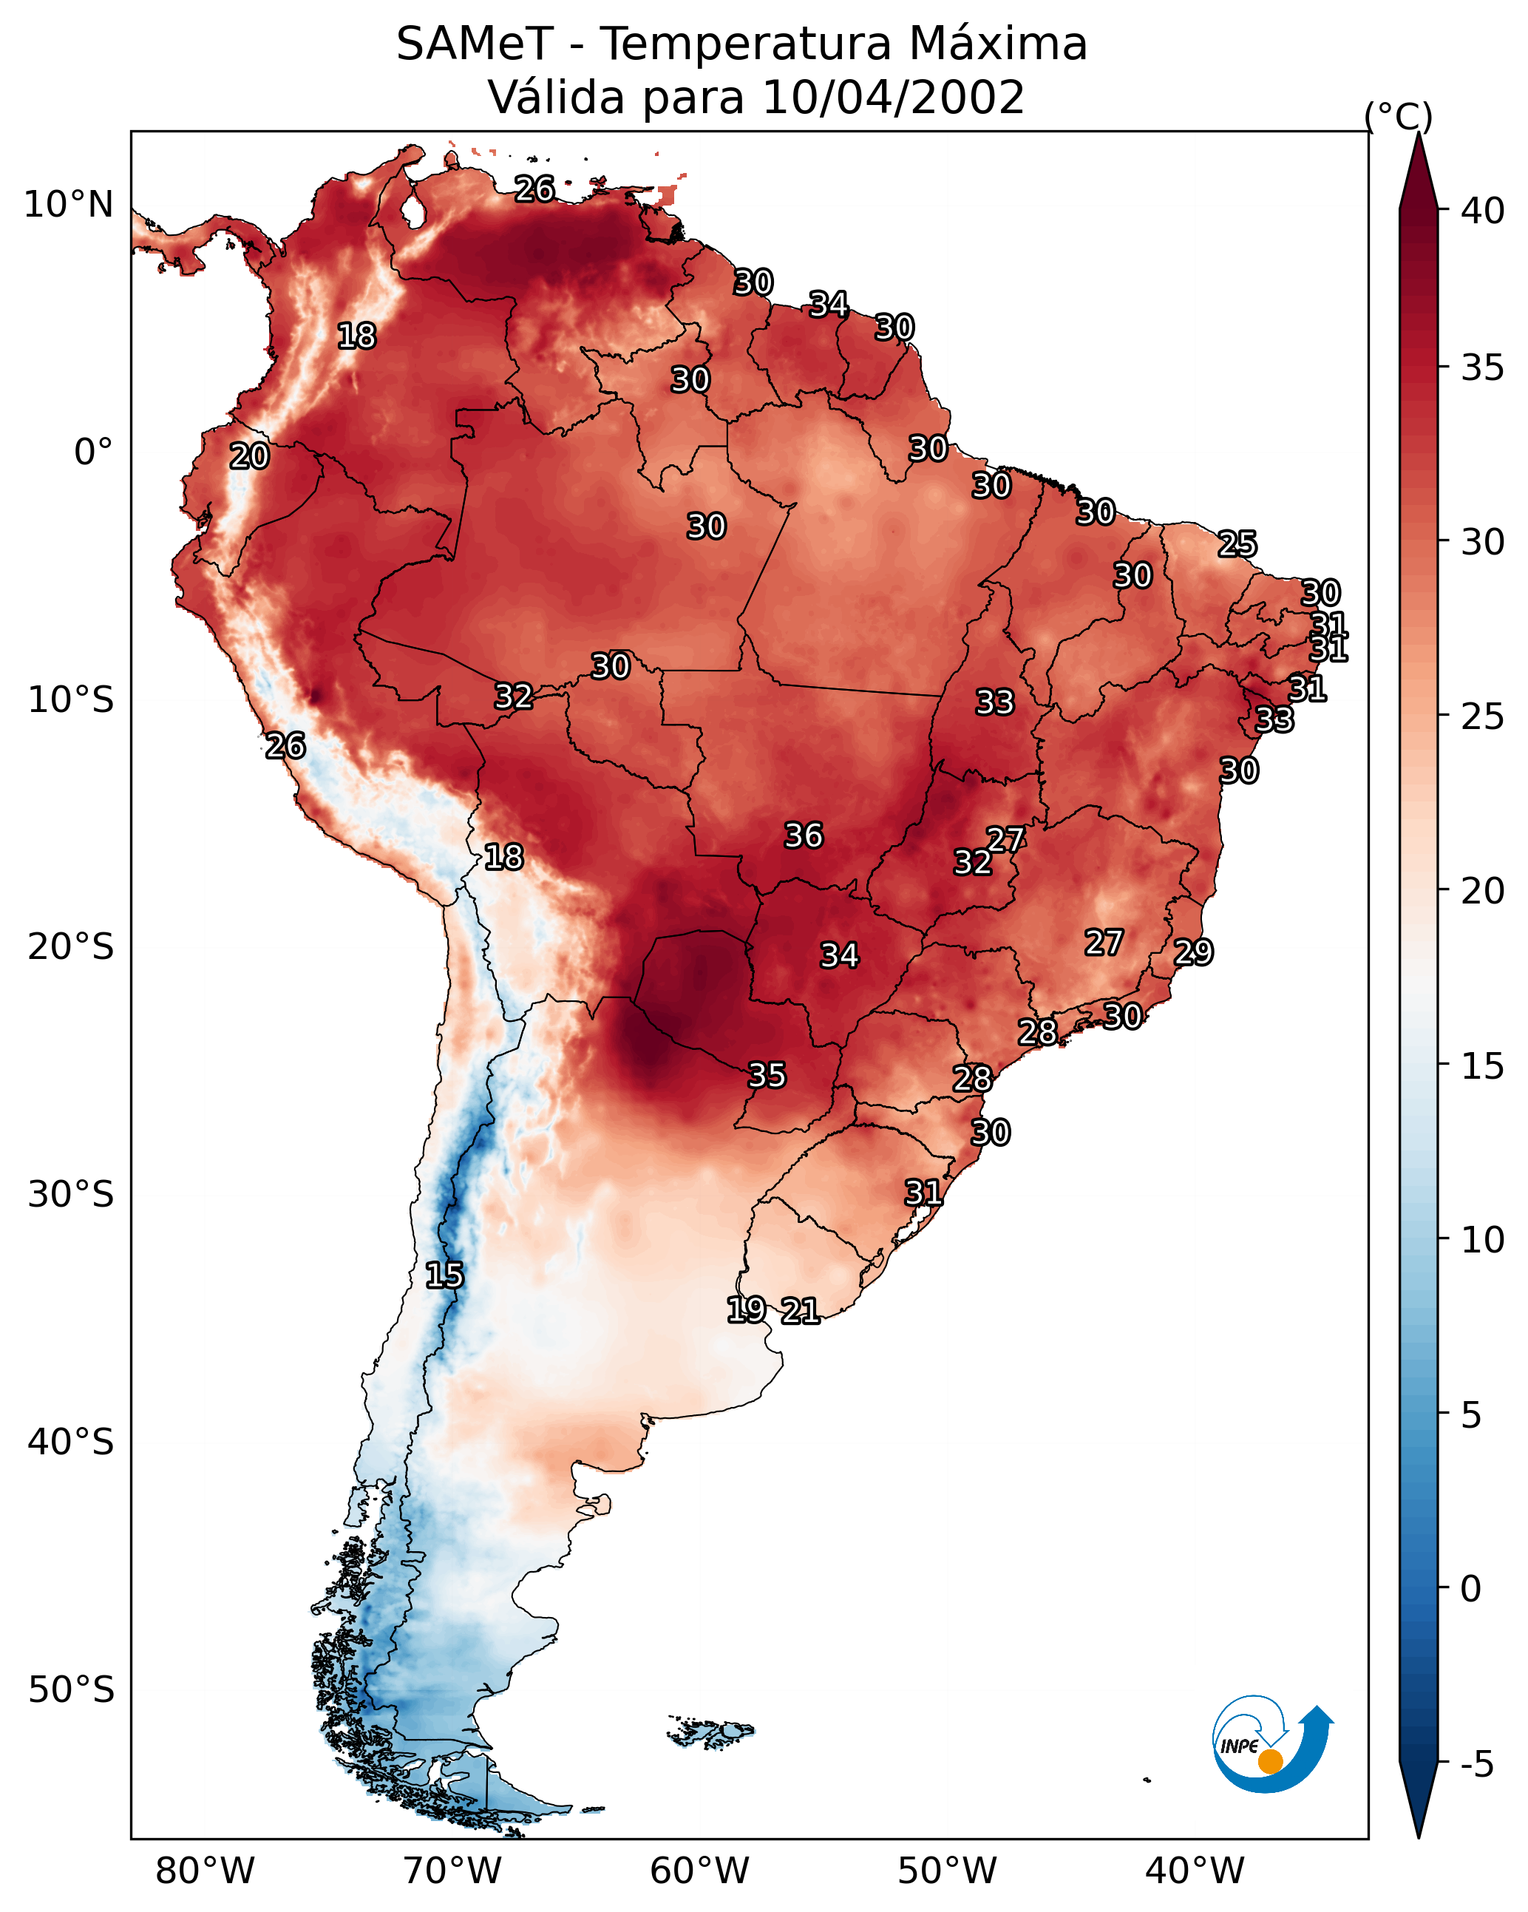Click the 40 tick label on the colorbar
(x=1483, y=211)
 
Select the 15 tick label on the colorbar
(x=1483, y=1066)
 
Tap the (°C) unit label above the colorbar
(x=1399, y=116)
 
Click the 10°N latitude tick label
(x=68, y=205)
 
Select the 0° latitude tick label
(x=94, y=452)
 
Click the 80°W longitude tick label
(x=205, y=1871)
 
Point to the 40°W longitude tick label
(x=1195, y=1871)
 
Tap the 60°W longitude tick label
(x=700, y=1871)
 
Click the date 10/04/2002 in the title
(x=894, y=98)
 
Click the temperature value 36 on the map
(x=804, y=835)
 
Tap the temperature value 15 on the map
(x=444, y=1275)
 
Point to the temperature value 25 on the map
(x=1237, y=543)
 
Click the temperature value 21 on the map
(x=800, y=1311)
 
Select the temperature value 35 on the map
(x=767, y=1075)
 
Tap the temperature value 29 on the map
(x=1194, y=952)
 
